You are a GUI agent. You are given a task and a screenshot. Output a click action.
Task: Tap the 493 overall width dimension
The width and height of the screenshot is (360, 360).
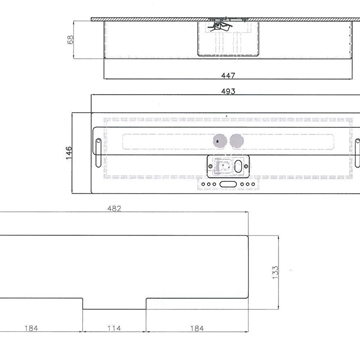229,90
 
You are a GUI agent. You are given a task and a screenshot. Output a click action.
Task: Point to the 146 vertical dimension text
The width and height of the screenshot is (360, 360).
69,154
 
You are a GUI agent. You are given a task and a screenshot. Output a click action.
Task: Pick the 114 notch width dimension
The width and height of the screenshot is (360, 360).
116,328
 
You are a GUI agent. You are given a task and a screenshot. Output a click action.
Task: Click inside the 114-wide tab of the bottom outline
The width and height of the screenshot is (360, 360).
115,305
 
